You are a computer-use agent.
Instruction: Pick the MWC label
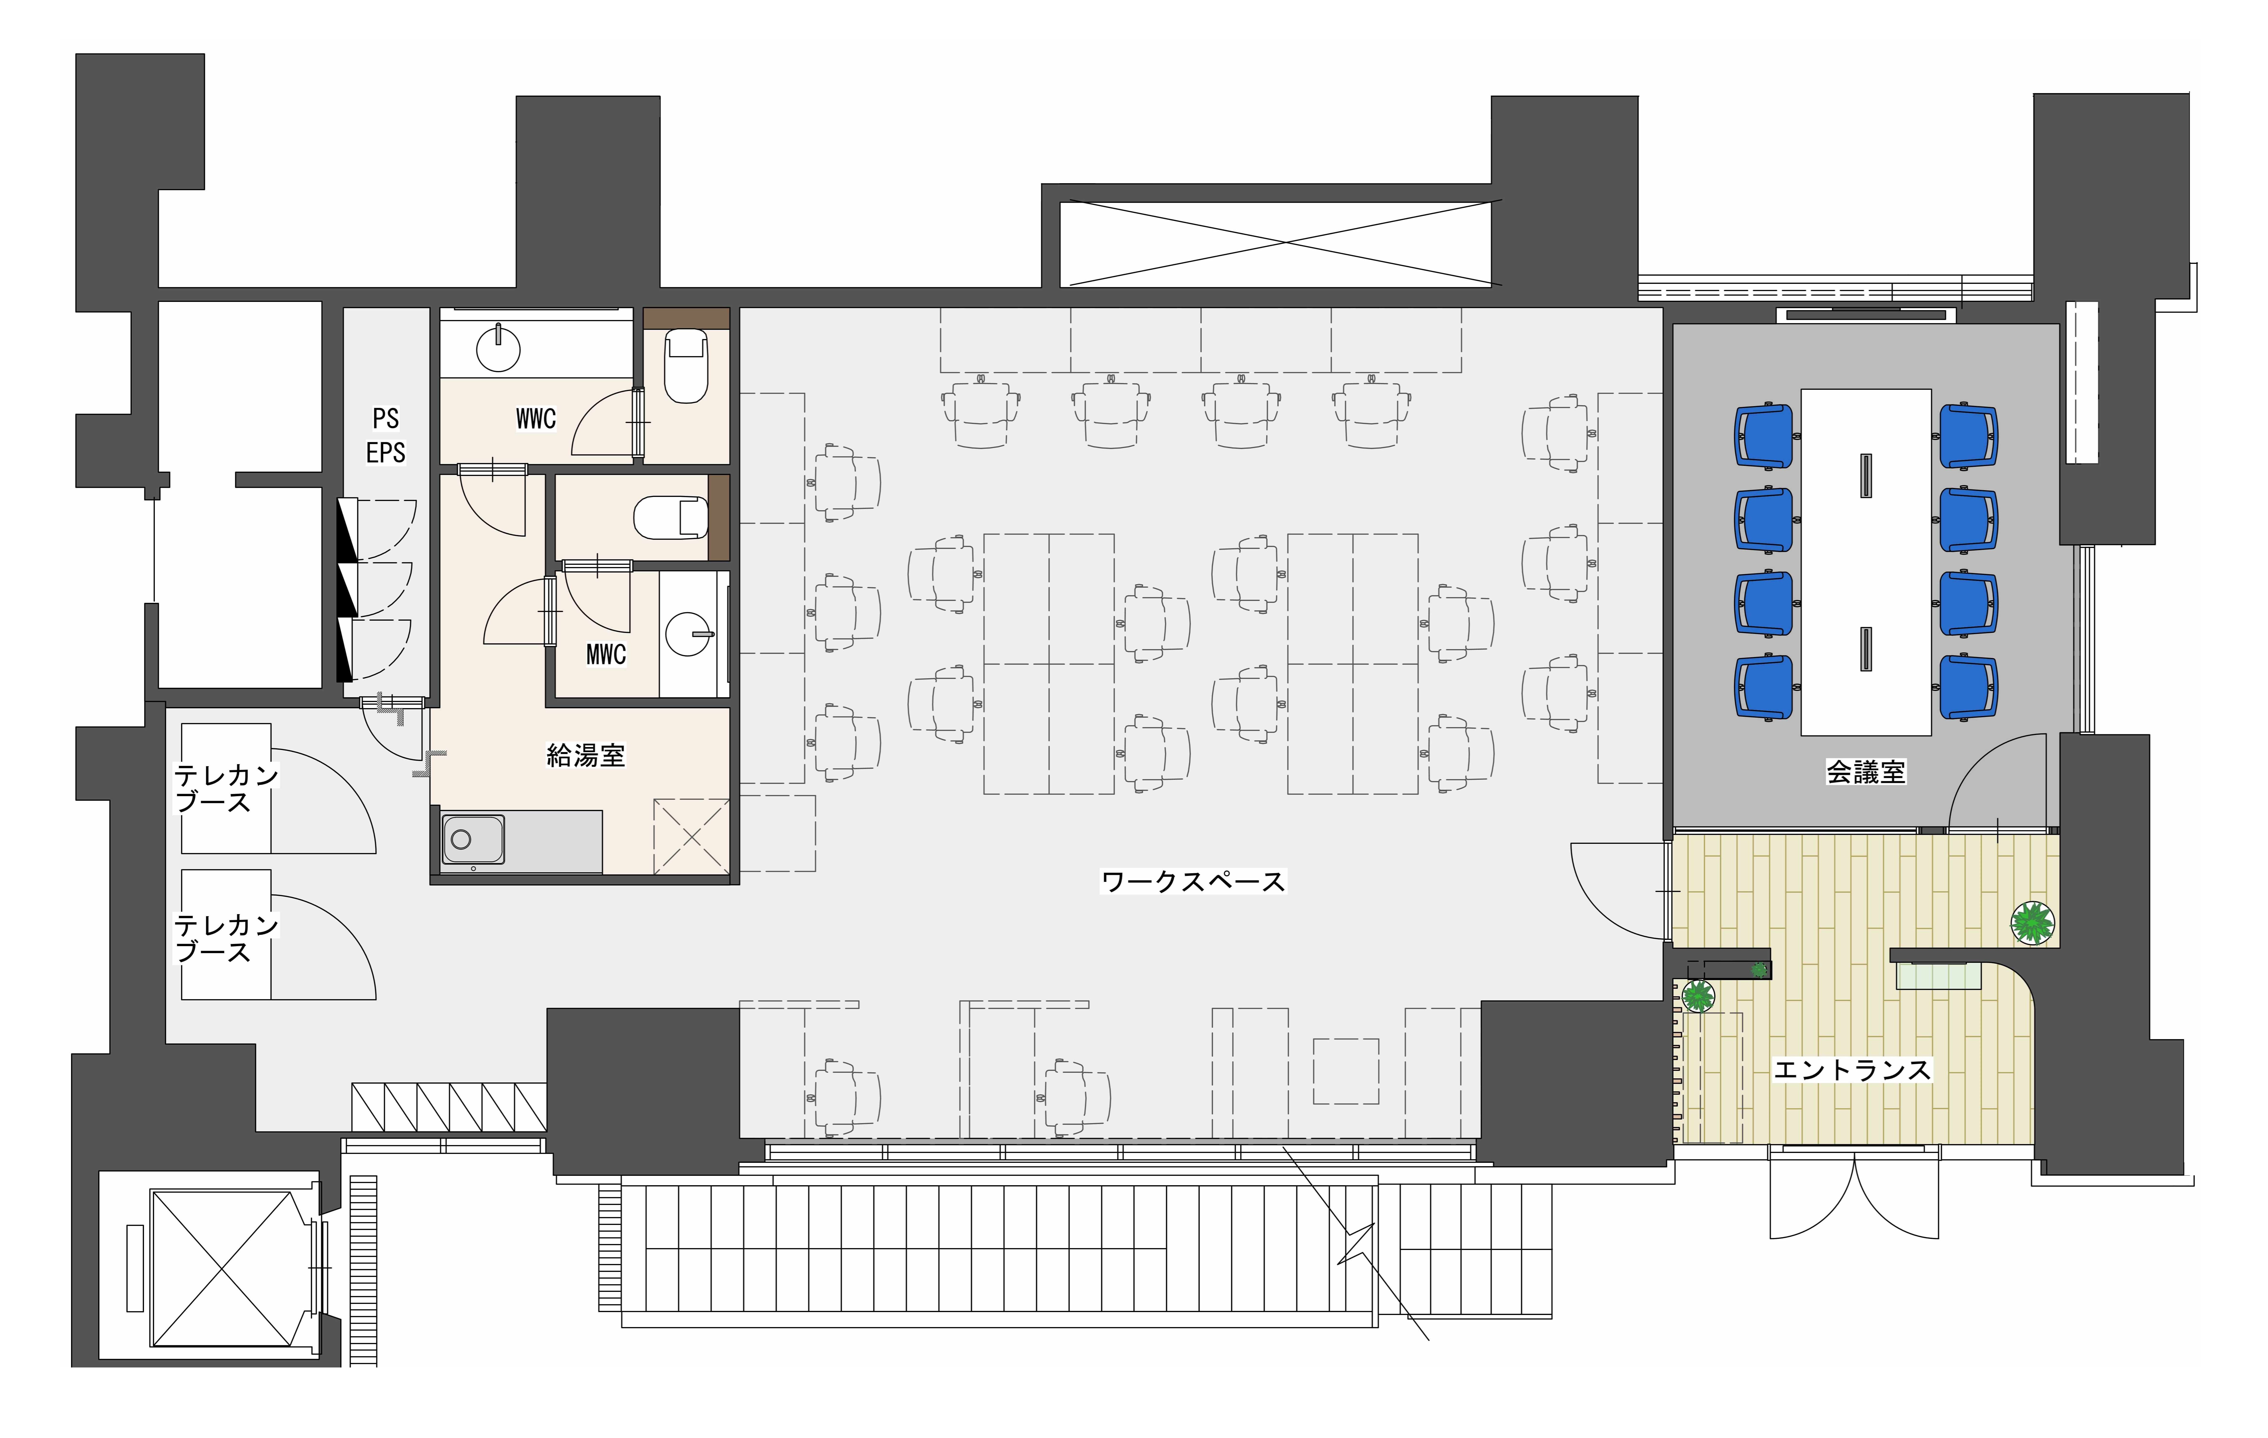pos(606,655)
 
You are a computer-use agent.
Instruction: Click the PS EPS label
pos(385,435)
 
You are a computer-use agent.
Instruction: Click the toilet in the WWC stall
pos(686,365)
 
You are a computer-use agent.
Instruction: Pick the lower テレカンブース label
pos(226,938)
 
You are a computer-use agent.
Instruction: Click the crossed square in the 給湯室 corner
pos(691,836)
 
